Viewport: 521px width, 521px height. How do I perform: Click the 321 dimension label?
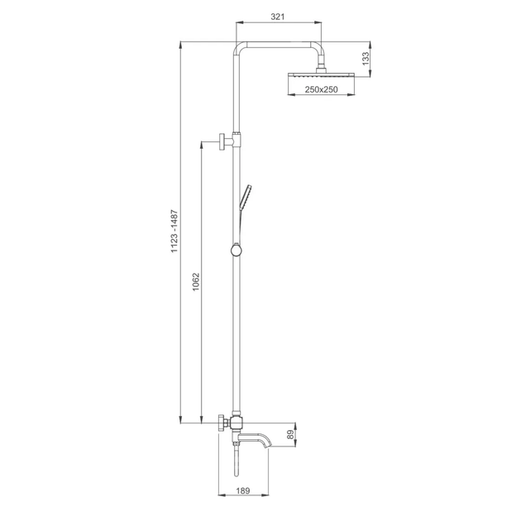pyautogui.click(x=277, y=17)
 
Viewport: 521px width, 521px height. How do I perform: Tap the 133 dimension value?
pyautogui.click(x=366, y=59)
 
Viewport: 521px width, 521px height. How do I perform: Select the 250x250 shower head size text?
pyautogui.click(x=321, y=89)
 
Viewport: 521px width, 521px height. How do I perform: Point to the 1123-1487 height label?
pyautogui.click(x=174, y=232)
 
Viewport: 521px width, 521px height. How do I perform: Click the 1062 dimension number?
pyautogui.click(x=196, y=282)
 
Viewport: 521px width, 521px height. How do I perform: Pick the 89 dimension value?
pyautogui.click(x=290, y=435)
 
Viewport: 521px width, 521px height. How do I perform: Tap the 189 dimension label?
pyautogui.click(x=243, y=490)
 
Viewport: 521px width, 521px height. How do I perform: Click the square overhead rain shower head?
pyautogui.click(x=322, y=75)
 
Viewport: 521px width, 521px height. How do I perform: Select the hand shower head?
pyautogui.click(x=246, y=198)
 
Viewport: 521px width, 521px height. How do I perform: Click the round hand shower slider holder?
pyautogui.click(x=237, y=250)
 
